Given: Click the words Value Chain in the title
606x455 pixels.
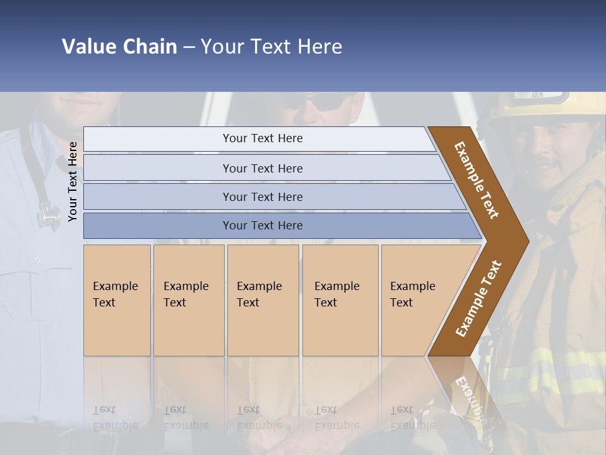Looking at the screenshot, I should pos(119,47).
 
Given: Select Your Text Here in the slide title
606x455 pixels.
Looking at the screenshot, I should pos(271,47).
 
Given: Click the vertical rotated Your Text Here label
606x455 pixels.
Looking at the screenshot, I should pos(73,181).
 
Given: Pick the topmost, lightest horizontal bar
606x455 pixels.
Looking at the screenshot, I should pos(263,138).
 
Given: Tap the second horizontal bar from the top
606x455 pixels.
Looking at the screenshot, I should pos(263,168).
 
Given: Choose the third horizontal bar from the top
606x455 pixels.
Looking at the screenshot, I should pos(263,197).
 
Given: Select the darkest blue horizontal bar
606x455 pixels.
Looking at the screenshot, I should pos(263,226).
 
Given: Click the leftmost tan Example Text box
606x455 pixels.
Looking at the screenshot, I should pos(117,300).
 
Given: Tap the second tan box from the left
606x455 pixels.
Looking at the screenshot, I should pos(189,300).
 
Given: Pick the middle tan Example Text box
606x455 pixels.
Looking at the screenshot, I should pos(263,300).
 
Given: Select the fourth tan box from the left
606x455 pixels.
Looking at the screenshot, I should pos(340,300).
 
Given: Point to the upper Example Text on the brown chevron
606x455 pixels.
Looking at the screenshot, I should pos(477,180).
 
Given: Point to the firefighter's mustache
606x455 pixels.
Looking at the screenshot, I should pos(548,166).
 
